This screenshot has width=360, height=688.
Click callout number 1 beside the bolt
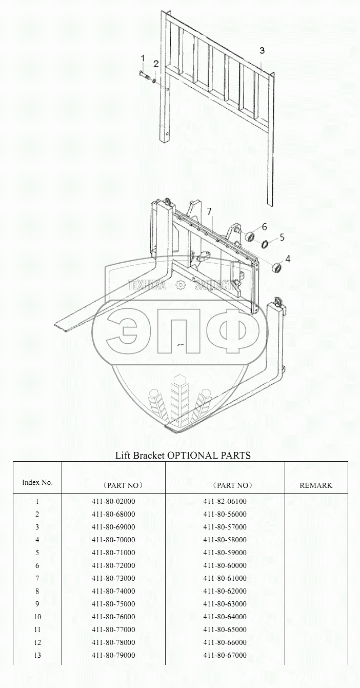pos(143,58)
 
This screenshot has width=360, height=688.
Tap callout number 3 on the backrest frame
pos(262,50)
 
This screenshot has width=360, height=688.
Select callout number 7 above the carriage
pos(209,211)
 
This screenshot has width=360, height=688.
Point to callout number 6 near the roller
pos(264,226)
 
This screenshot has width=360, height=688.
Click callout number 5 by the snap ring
pos(282,238)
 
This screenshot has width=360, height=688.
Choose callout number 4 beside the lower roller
pos(288,259)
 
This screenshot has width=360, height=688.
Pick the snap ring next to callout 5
pos(265,244)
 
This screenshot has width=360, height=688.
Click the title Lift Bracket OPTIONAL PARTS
pos(183,455)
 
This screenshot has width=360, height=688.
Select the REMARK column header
pos(316,485)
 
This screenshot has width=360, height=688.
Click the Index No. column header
pos(37,482)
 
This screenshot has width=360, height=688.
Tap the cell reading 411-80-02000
pos(113,501)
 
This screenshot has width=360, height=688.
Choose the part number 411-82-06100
pos(225,501)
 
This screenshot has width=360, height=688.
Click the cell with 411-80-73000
pos(113,578)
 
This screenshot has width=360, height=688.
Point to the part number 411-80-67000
pos(225,655)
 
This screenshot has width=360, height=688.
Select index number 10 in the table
pos(37,617)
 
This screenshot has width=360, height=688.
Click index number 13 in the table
pos(37,655)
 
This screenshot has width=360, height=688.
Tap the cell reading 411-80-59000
pos(225,553)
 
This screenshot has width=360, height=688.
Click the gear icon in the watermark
pos(180,285)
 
